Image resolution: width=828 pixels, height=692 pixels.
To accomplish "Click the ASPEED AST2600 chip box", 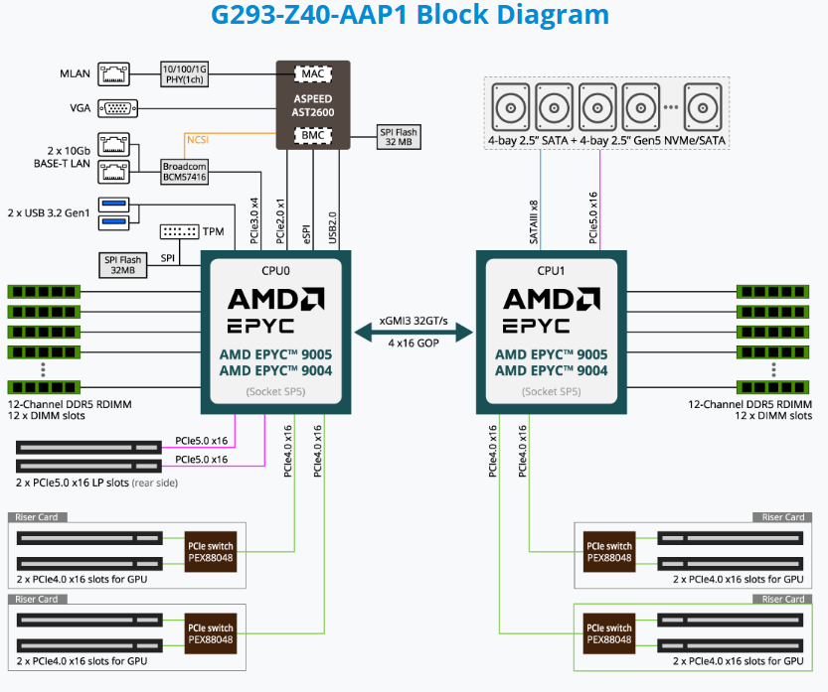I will [313, 104].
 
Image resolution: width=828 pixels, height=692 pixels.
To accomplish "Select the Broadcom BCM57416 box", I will [186, 171].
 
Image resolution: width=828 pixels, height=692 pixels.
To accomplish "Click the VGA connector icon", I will [117, 108].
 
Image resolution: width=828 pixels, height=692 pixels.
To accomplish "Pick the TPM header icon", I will [179, 230].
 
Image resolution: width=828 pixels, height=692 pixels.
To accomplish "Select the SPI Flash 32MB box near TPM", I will [123, 264].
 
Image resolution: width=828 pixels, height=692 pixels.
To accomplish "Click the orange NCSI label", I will [199, 141].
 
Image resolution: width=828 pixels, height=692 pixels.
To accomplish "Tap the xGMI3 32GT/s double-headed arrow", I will [414, 334].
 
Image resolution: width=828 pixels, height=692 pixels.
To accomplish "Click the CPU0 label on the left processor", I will [272, 269].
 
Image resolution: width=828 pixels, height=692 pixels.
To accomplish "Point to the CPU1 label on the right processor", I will [552, 269].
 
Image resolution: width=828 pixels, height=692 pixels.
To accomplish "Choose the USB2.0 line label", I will [333, 226].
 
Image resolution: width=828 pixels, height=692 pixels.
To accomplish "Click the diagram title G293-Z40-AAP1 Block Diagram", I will [410, 16].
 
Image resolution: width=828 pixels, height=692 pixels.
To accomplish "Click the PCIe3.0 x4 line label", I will [253, 221].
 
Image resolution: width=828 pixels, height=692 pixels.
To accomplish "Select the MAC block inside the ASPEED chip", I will [311, 73].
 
